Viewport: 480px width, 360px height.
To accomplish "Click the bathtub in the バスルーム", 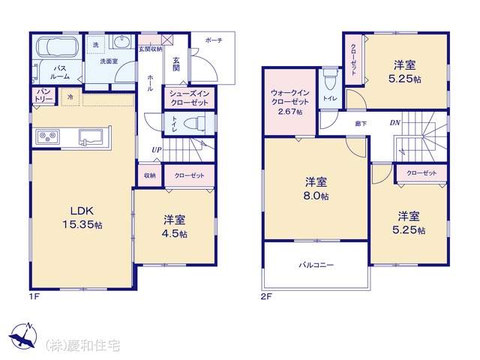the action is tap(58, 46).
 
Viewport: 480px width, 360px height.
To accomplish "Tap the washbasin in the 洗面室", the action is tap(122, 41).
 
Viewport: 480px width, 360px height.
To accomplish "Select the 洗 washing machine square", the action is tap(95, 44).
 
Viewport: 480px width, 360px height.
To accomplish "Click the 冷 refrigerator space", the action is tap(70, 97).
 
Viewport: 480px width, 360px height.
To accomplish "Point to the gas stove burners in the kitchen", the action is tap(48, 136).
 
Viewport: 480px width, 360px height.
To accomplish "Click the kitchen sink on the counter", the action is tap(93, 136).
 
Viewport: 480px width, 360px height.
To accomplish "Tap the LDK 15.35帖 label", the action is tap(82, 217).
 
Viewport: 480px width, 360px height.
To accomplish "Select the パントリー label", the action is tap(44, 95).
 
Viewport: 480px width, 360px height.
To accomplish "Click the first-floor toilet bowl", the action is tap(195, 124).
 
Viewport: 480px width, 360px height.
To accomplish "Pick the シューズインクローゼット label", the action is tap(189, 98).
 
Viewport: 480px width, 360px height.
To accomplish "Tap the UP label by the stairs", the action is tap(157, 150).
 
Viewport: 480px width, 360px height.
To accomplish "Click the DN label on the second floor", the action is tap(395, 123).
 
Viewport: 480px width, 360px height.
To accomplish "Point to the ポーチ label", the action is tap(214, 40).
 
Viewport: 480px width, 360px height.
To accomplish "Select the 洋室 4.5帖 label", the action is tap(175, 226).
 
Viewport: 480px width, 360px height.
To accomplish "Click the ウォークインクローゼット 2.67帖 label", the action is tap(290, 102).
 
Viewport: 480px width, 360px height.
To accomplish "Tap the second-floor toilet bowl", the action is tap(330, 79).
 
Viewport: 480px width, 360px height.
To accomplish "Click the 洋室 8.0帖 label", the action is tap(316, 188).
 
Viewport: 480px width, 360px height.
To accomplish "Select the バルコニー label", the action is tap(316, 265).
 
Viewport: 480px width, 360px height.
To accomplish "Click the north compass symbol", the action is tap(23, 336).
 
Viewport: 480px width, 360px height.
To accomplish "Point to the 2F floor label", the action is tap(266, 296).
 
